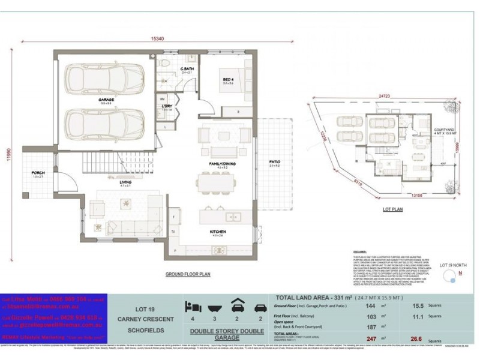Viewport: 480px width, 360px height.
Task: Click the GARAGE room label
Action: [x=107, y=100]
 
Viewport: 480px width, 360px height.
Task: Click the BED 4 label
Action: [x=228, y=79]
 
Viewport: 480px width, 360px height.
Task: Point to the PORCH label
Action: [x=38, y=173]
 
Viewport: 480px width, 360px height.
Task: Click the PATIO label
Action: [x=275, y=161]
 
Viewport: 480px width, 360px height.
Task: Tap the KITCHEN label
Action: [x=217, y=232]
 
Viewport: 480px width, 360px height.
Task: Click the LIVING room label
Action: [x=126, y=182]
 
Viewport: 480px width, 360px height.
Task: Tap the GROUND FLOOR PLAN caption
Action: [x=188, y=274]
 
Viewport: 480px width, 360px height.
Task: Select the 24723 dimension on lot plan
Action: [x=385, y=96]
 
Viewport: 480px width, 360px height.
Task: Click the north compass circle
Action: [x=447, y=275]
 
